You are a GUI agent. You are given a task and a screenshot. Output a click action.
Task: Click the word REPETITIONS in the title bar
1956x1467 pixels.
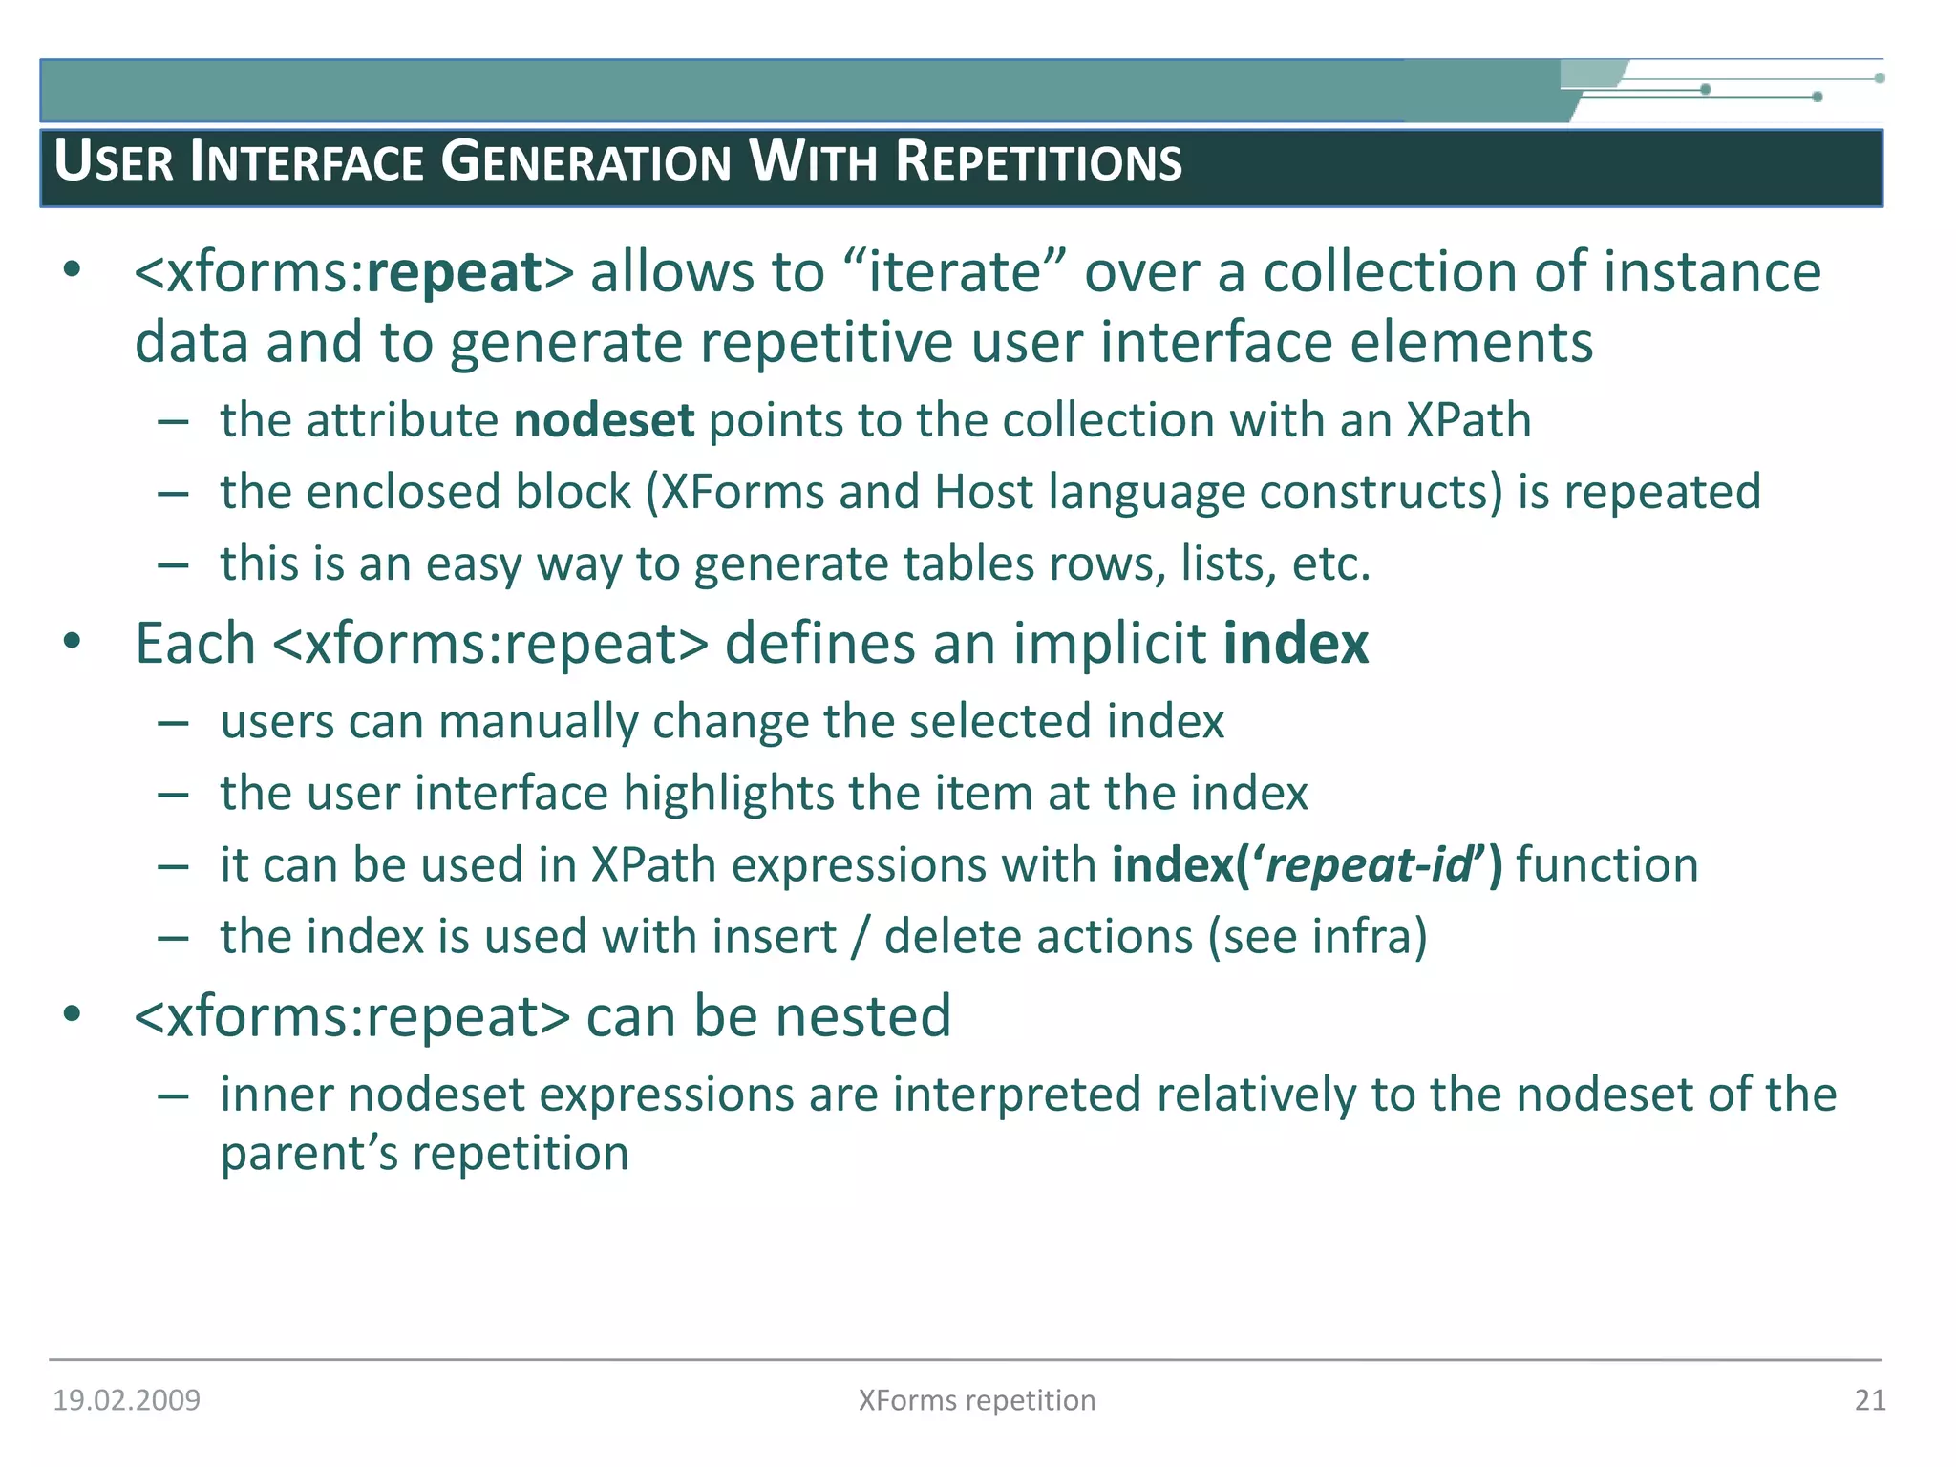click(x=1038, y=162)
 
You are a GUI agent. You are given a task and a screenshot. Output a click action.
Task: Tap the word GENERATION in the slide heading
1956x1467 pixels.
click(x=585, y=162)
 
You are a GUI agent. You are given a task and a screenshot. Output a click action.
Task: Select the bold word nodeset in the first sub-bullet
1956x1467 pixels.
click(x=604, y=421)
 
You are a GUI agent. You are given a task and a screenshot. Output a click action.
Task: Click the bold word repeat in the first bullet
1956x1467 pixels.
click(x=455, y=273)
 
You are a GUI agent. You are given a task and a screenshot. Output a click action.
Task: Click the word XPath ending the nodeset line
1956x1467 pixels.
click(x=1468, y=421)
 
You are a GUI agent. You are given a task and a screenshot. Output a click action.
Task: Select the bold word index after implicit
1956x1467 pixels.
click(x=1295, y=644)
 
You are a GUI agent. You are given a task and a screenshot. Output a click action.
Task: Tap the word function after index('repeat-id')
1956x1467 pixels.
click(x=1606, y=865)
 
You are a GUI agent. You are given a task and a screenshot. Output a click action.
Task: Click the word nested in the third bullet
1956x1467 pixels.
click(x=862, y=1016)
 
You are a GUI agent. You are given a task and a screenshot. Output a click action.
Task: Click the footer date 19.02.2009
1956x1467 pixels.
click(x=126, y=1400)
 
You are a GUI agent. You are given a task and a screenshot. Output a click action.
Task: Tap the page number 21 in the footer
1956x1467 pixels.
click(x=1869, y=1400)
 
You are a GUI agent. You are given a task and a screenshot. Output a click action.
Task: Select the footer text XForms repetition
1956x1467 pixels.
click(x=976, y=1400)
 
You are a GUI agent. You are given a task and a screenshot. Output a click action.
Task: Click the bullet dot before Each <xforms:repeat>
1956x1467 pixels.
click(x=72, y=642)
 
